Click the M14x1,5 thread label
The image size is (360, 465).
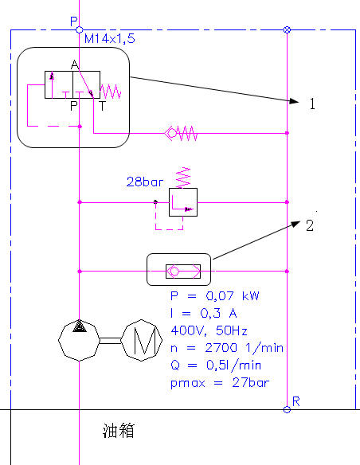point(109,38)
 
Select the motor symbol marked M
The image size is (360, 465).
point(142,340)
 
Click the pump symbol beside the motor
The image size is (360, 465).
point(79,340)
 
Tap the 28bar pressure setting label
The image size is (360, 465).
point(145,182)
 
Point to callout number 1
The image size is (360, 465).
point(312,104)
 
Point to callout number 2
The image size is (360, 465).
point(310,225)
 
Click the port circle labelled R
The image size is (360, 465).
point(287,409)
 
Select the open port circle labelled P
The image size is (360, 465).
point(79,29)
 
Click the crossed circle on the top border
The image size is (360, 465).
point(287,29)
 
